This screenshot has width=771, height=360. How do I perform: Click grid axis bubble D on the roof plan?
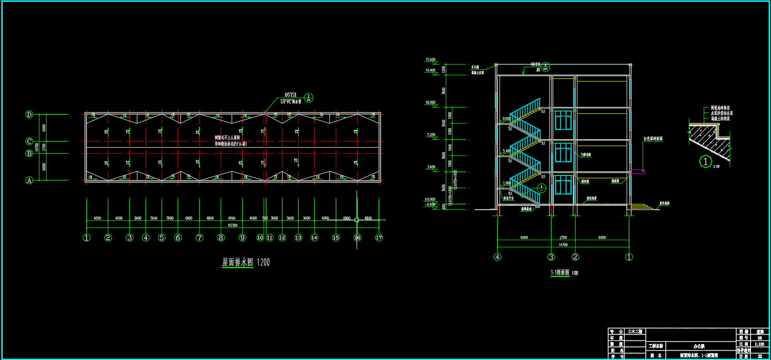[29, 114]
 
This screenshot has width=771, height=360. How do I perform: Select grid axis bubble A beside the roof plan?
[29, 180]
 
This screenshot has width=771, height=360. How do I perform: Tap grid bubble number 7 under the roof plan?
[199, 237]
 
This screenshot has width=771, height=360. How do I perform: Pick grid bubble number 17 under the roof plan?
[379, 237]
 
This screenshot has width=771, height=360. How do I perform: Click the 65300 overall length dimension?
[232, 225]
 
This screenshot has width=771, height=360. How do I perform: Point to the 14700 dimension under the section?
[563, 245]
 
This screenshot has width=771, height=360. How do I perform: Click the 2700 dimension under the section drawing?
[563, 237]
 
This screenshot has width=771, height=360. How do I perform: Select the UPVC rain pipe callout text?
[291, 102]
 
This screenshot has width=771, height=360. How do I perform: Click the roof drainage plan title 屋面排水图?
[237, 262]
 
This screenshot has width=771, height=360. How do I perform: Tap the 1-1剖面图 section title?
[560, 273]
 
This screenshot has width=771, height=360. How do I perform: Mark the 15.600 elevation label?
[430, 60]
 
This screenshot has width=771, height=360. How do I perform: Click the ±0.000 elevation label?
[430, 199]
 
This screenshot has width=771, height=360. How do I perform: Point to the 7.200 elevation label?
[431, 135]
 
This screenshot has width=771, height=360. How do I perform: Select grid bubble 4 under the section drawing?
[497, 257]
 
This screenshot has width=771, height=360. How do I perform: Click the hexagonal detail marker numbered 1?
[705, 162]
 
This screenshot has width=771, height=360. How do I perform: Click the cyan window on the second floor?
[563, 152]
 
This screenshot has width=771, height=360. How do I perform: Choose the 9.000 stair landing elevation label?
[506, 118]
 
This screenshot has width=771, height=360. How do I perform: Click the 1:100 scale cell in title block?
[760, 344]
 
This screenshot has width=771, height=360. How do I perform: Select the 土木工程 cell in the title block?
[635, 331]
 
